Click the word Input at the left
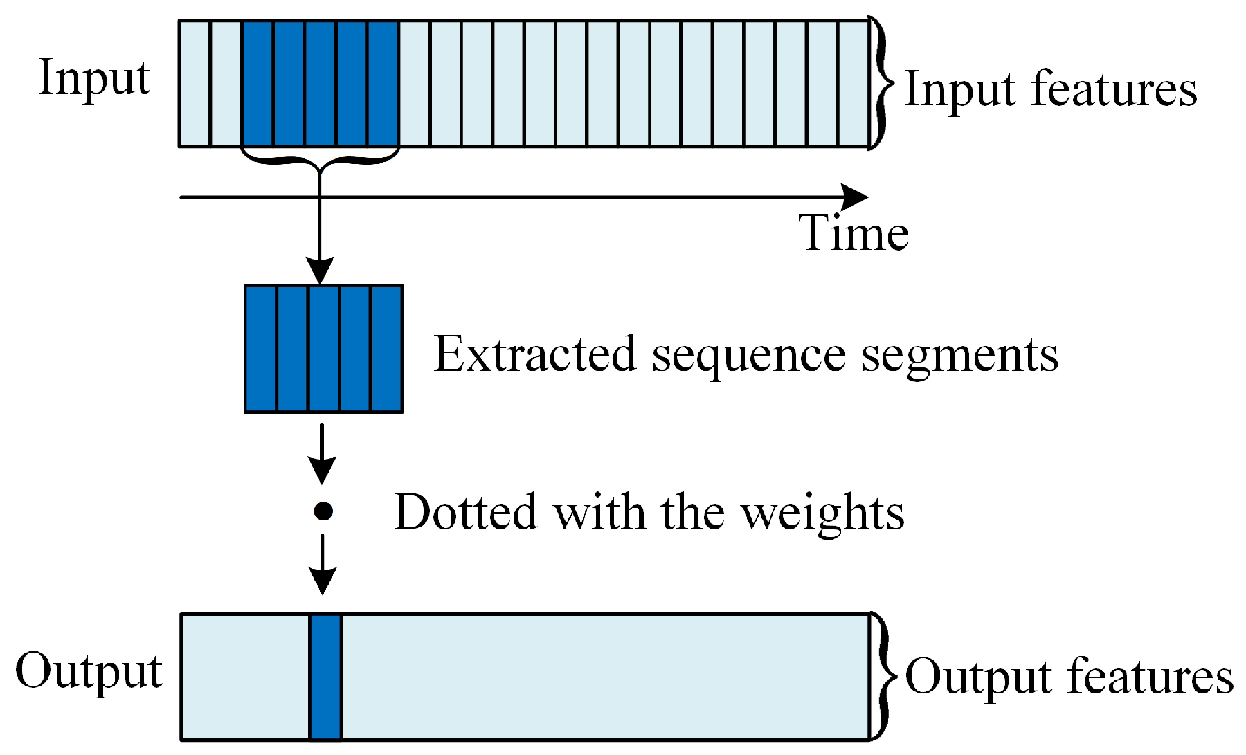pos(94,78)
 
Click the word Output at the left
pos(89,671)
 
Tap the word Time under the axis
pos(853,233)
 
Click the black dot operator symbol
pos(323,511)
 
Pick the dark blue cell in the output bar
pos(325,677)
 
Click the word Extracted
pos(534,354)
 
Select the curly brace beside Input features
pos(880,83)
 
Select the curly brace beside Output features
pos(881,676)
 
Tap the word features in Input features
pos(1114,89)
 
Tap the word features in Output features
pos(1150,676)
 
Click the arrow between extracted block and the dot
pos(322,453)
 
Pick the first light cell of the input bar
pos(195,84)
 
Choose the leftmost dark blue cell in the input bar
pos(258,84)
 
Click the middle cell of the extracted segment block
pos(324,349)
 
